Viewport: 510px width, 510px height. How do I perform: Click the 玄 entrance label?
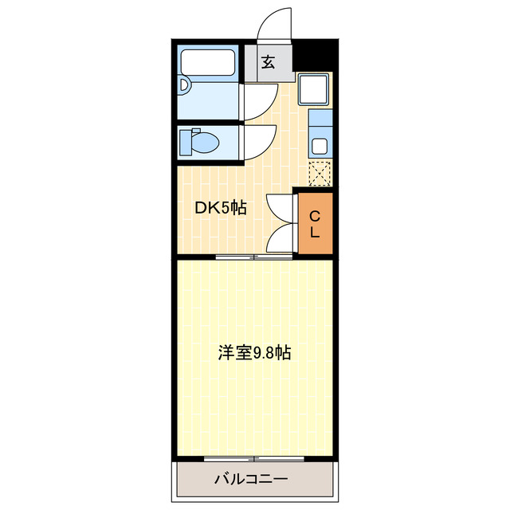(269, 62)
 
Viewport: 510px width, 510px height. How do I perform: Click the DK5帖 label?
(221, 208)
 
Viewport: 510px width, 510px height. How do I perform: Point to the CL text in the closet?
(314, 224)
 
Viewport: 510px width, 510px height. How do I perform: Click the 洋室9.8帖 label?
(254, 352)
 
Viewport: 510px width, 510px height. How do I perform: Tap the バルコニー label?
(251, 480)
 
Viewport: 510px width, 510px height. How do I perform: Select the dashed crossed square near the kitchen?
(320, 172)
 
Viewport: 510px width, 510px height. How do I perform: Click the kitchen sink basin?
(319, 146)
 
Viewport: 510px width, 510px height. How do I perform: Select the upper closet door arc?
(280, 209)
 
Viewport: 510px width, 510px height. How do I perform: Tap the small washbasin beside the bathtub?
(184, 84)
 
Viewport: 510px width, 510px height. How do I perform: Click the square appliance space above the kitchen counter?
(314, 89)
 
